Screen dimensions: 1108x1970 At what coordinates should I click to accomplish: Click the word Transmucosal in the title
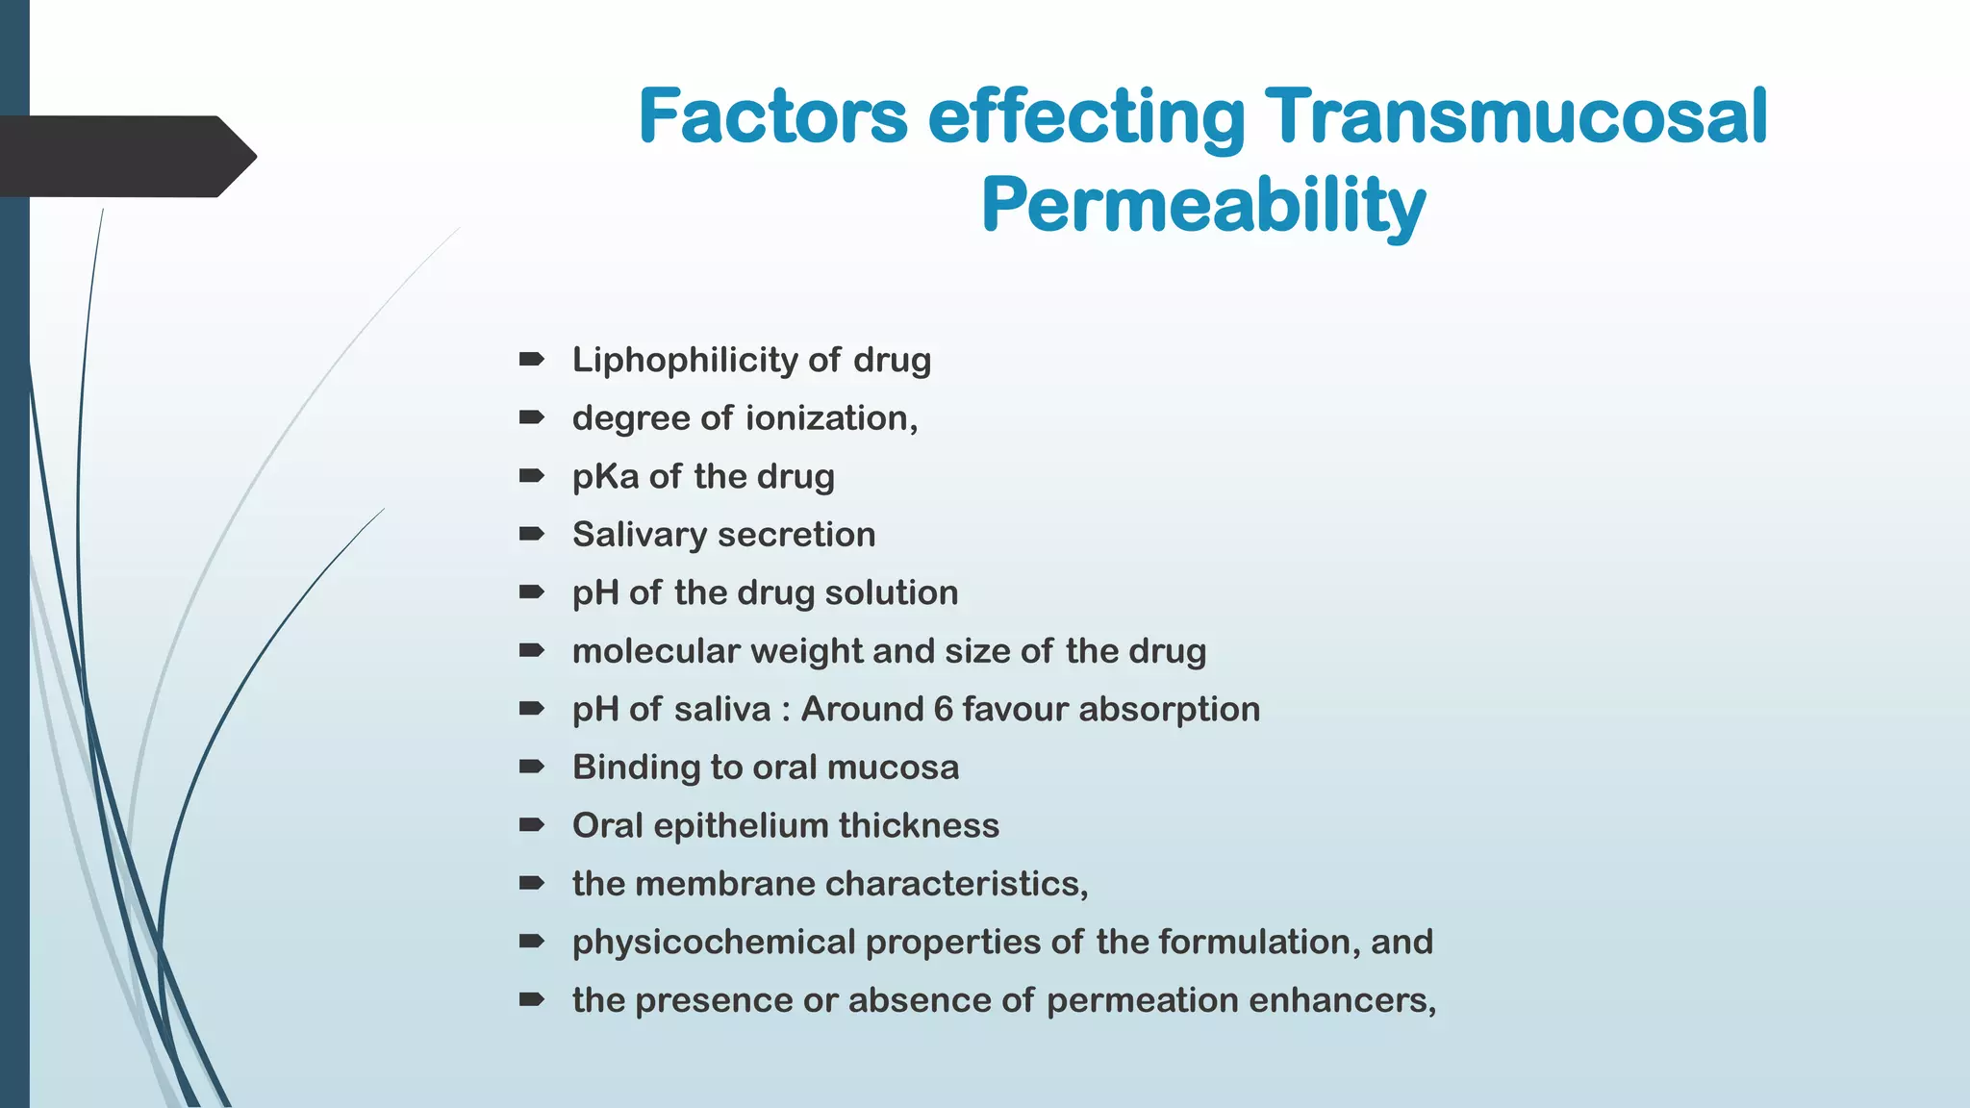pos(1515,117)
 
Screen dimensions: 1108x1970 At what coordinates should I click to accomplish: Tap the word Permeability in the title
pos(1202,206)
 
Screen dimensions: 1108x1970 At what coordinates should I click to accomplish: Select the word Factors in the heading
pos(772,117)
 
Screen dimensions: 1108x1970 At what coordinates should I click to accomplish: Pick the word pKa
pos(605,477)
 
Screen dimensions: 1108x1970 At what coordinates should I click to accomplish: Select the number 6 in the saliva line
pos(943,710)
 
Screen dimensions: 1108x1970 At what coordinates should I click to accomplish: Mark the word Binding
pos(636,768)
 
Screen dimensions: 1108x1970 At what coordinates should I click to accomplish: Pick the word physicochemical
pos(713,943)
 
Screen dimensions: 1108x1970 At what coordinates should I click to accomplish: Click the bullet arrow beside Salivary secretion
pos(531,534)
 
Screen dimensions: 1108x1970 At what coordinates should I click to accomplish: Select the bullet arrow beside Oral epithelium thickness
pos(531,825)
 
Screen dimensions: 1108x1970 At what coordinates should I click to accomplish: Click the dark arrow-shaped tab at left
pos(125,156)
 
